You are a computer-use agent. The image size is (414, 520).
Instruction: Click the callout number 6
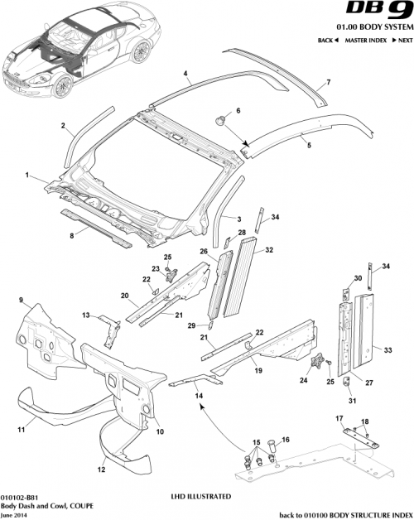pyautogui.click(x=238, y=111)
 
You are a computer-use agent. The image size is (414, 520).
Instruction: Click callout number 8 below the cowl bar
pyautogui.click(x=71, y=235)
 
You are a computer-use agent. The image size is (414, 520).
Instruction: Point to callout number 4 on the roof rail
pyautogui.click(x=186, y=73)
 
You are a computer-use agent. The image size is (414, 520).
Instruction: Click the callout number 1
pyautogui.click(x=27, y=176)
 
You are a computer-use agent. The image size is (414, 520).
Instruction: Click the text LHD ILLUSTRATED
pyautogui.click(x=200, y=496)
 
